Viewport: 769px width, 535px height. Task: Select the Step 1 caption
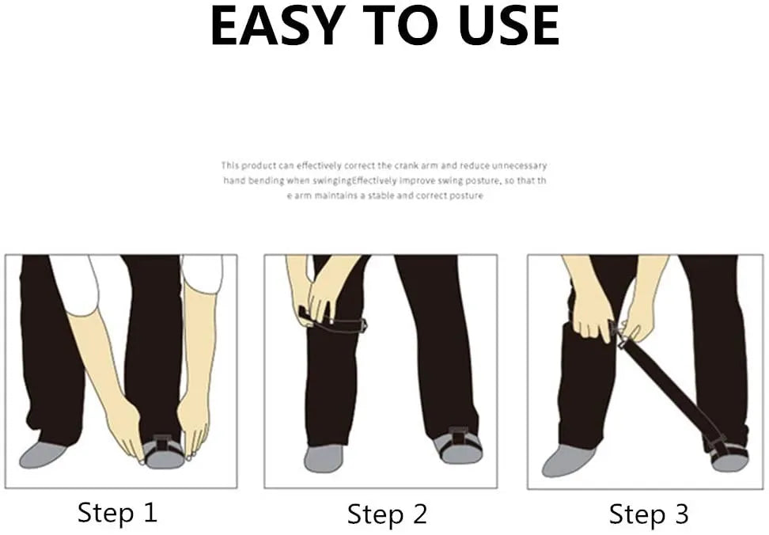(x=117, y=512)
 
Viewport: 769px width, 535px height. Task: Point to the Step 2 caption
(x=387, y=514)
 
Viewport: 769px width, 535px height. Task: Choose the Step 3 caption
(x=649, y=514)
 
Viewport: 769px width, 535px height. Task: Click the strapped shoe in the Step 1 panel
(x=163, y=450)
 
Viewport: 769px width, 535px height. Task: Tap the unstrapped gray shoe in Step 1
(x=44, y=454)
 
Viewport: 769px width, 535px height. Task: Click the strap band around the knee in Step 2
(x=334, y=322)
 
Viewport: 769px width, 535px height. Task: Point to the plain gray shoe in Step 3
(x=568, y=461)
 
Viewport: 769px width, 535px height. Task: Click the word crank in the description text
(x=407, y=165)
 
